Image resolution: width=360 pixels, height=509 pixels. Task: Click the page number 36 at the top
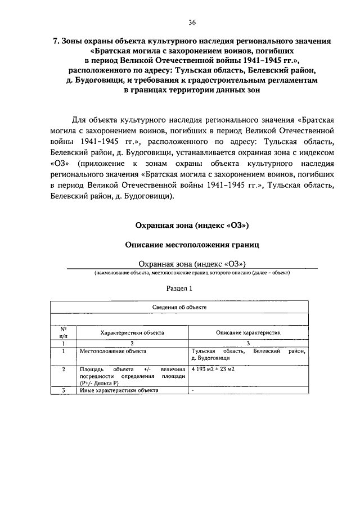coord(192,22)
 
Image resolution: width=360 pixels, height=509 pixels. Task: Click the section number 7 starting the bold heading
coord(55,42)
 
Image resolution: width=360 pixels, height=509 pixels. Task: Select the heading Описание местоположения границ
coord(192,245)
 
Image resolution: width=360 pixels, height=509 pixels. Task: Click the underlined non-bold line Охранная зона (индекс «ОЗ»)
coord(192,264)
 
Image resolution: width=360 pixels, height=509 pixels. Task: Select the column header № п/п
coord(64,332)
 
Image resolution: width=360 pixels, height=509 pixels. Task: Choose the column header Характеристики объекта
coord(132,332)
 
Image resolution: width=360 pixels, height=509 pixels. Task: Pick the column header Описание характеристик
coord(248,332)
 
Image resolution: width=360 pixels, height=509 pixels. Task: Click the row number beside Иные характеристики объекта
coord(64,390)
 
